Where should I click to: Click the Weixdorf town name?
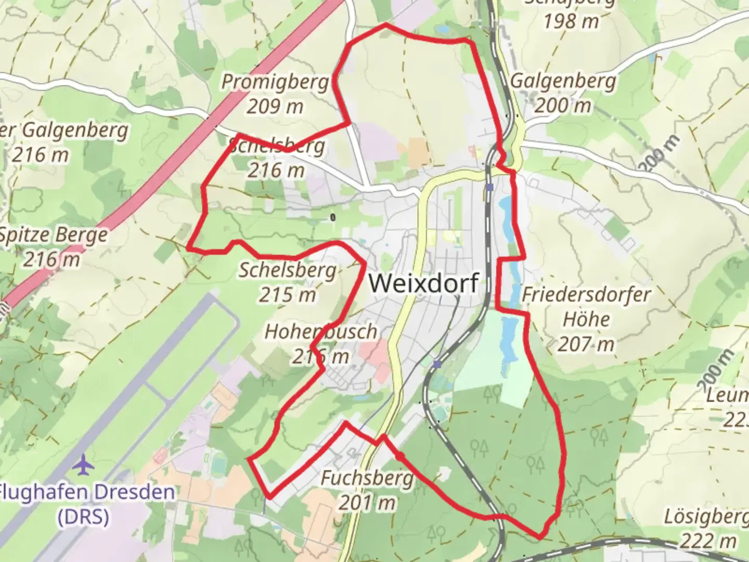pos(423,283)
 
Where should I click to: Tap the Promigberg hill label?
pos(275,82)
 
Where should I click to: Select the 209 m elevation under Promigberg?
pos(275,106)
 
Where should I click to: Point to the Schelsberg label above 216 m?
pos(277,146)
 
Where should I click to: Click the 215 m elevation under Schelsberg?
pos(288,295)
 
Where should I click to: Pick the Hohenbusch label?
pos(321,331)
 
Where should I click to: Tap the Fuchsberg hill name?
pos(367,478)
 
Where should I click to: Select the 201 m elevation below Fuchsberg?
pos(367,503)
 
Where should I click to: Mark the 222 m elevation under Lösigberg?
pos(708,541)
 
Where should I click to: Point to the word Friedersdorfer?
pos(586,295)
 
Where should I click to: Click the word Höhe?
pos(586,319)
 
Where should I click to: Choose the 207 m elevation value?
pos(586,344)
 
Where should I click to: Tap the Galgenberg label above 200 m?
pos(563,81)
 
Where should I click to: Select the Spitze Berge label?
pos(53,235)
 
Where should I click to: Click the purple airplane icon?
pos(83,464)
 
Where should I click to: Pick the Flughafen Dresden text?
pos(86,492)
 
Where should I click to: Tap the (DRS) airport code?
pos(83,517)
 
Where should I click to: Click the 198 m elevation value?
pos(571,21)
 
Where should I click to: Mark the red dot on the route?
pos(400,456)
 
